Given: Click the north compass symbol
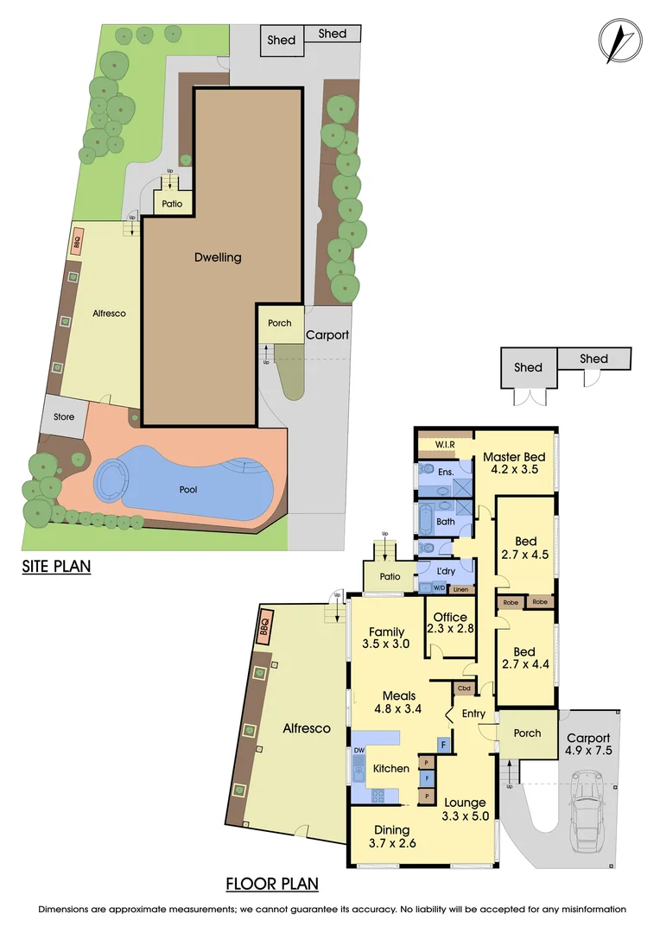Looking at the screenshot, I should [620, 40].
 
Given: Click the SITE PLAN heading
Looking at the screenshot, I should [56, 567].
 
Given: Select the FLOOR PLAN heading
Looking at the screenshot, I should [272, 884].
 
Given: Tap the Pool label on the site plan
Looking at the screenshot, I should [188, 490].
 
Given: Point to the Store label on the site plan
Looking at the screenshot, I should [65, 417].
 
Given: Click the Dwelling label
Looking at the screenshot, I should [218, 257].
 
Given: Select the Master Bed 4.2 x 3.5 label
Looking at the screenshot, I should [514, 463].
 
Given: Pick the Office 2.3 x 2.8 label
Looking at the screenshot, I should [450, 623].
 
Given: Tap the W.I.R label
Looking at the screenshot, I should [445, 445].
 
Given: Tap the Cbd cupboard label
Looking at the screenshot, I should [464, 689].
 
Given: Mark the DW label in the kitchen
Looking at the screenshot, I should [359, 751].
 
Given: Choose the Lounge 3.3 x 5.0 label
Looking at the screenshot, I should [465, 809].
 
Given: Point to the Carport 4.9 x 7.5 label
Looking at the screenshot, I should [588, 745].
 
